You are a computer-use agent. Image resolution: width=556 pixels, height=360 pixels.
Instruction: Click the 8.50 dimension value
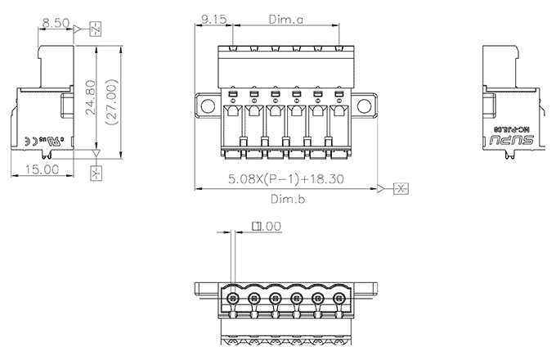[x=56, y=23]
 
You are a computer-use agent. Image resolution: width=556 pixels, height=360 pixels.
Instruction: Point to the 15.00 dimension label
[x=40, y=169]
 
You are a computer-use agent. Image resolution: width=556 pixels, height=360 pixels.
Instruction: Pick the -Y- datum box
[x=95, y=173]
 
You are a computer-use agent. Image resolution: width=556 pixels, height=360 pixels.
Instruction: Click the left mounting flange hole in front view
[x=207, y=106]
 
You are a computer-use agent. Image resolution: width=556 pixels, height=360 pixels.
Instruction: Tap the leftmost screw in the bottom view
[x=233, y=299]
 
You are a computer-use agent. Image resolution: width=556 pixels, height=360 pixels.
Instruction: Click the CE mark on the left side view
[x=28, y=138]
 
